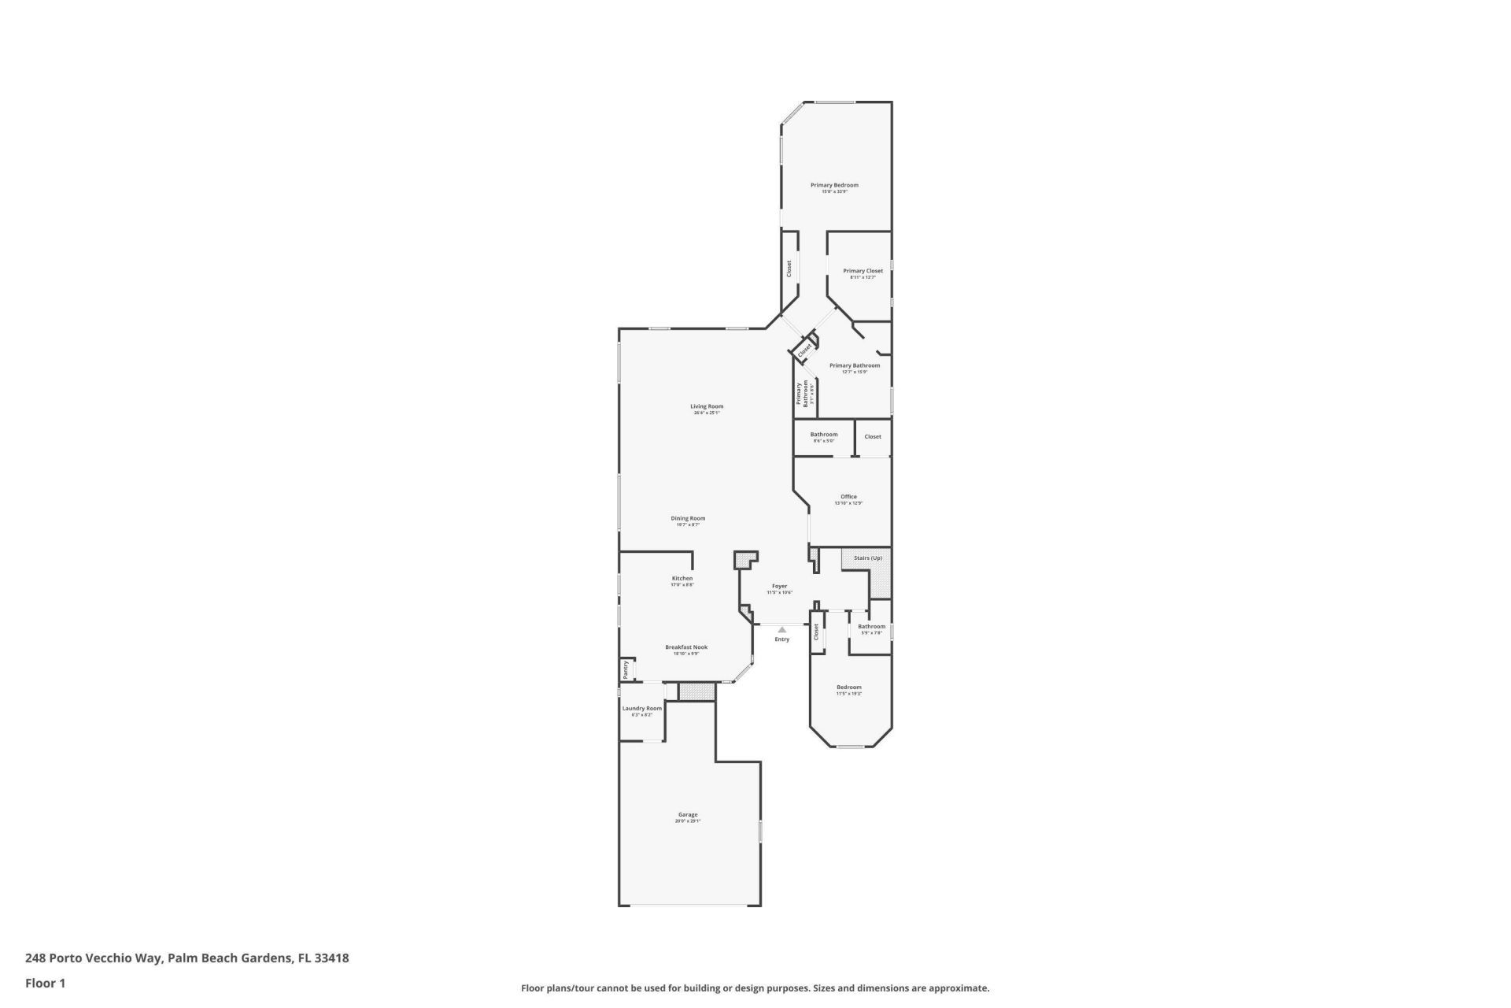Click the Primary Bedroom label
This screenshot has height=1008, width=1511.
point(834,185)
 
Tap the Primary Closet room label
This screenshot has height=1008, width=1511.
point(863,271)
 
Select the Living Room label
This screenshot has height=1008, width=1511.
point(707,406)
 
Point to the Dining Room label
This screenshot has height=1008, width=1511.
point(688,518)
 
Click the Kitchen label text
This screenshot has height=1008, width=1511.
point(682,578)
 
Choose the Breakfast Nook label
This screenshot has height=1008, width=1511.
point(686,647)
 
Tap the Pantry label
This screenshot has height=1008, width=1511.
point(626,669)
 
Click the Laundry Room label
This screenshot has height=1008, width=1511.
point(642,708)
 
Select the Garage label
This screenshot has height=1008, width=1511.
point(688,815)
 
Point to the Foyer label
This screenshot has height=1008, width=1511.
point(779,586)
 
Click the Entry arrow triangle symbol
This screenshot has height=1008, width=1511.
point(781,630)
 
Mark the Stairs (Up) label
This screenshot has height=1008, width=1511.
point(868,558)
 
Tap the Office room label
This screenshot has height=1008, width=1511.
point(848,497)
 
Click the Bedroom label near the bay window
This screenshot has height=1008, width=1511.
point(848,687)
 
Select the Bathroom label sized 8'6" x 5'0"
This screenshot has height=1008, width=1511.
point(824,435)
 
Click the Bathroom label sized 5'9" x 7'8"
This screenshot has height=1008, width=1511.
point(871,627)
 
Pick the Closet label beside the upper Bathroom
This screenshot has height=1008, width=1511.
point(873,436)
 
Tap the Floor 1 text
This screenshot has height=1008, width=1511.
point(45,983)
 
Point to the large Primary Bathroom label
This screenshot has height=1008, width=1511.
point(855,365)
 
